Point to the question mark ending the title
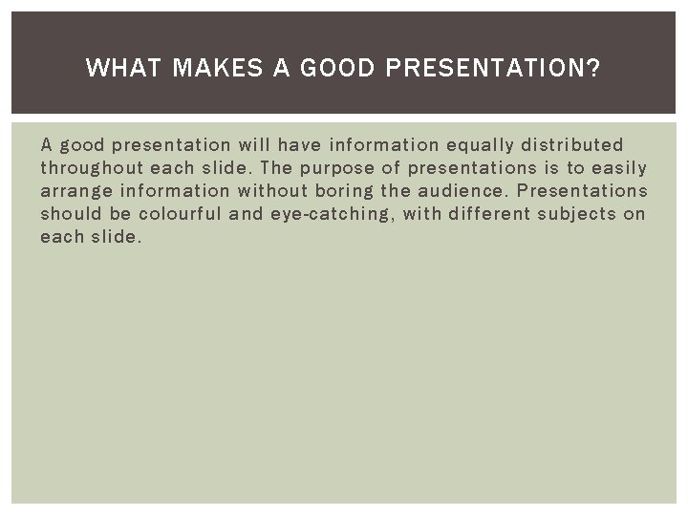coord(595,68)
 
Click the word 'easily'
coord(618,168)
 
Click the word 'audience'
coord(463,191)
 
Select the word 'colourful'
coord(179,214)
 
